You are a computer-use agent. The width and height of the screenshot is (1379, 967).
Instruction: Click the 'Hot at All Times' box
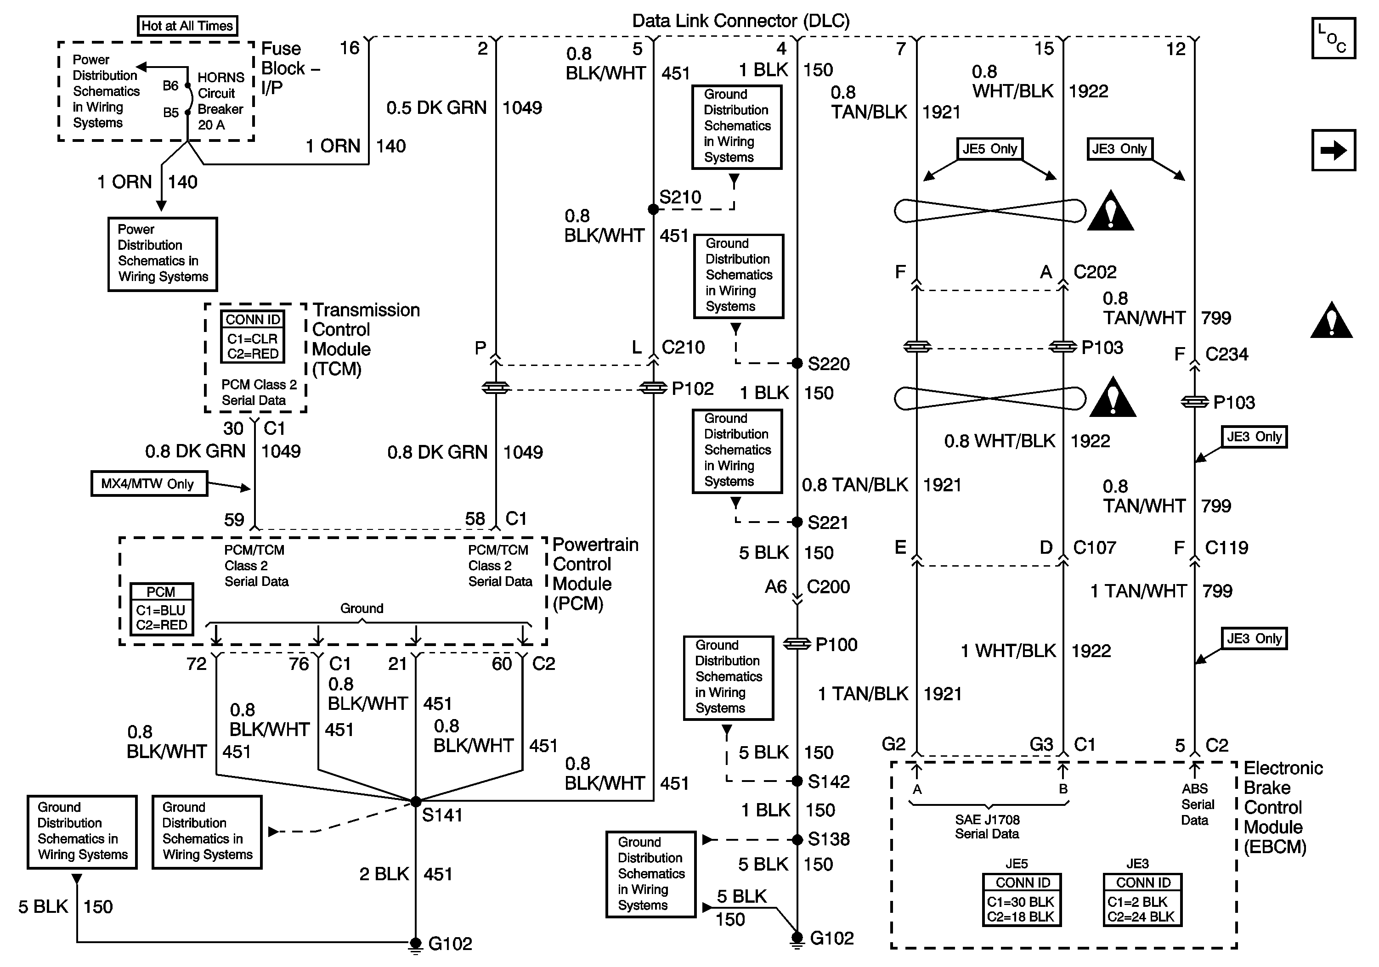[x=187, y=26]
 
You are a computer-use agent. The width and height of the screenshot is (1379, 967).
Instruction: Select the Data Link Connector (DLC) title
[x=740, y=21]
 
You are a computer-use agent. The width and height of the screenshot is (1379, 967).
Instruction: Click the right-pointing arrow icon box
[x=1333, y=150]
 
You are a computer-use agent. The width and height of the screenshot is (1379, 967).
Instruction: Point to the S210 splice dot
[x=653, y=209]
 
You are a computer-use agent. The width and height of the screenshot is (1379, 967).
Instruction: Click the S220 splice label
[x=828, y=364]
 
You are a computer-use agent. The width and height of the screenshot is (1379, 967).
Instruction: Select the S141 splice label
[x=442, y=815]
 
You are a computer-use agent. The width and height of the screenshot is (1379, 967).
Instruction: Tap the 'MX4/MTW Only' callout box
[x=149, y=484]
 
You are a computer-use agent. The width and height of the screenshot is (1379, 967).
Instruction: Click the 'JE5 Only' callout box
[x=989, y=149]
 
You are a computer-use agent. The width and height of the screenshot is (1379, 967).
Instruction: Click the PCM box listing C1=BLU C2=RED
[x=162, y=609]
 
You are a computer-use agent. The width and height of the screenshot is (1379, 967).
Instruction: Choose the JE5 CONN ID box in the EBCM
[x=1022, y=900]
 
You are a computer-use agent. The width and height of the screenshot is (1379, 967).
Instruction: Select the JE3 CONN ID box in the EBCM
[x=1142, y=900]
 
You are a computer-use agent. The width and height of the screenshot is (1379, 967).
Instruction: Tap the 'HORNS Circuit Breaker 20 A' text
[x=220, y=101]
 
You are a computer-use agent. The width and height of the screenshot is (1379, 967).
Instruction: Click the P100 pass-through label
[x=836, y=645]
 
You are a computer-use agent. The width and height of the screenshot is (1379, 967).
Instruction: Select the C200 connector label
[x=828, y=587]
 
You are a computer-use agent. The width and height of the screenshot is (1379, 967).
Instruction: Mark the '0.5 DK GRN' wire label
[x=436, y=108]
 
